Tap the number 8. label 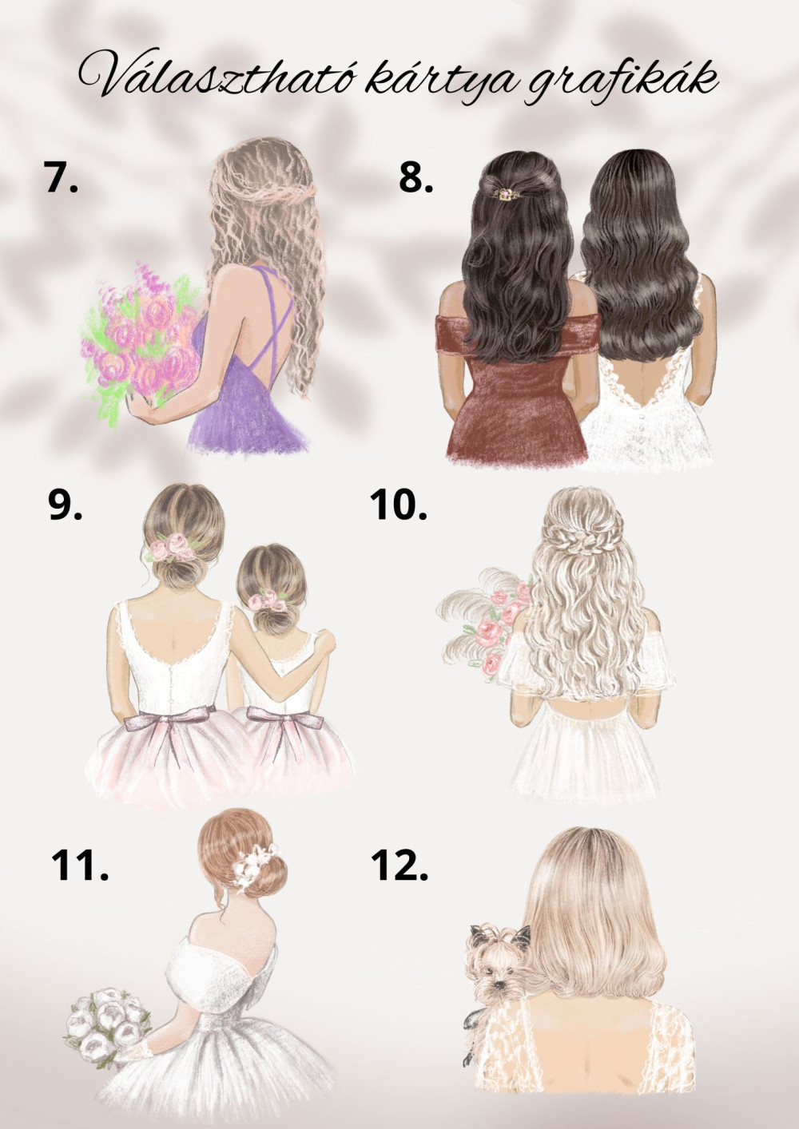(x=416, y=177)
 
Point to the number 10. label (x=399, y=505)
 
